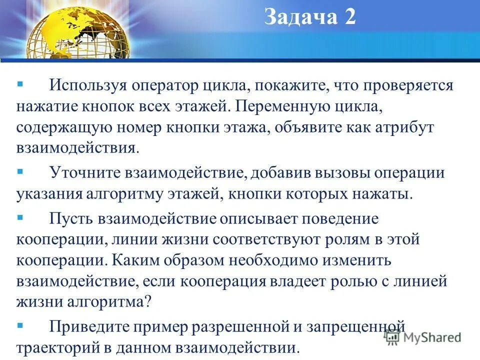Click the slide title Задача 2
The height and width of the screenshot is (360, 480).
point(309,18)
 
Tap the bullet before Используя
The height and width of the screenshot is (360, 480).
point(20,81)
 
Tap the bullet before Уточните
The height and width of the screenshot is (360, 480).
point(20,170)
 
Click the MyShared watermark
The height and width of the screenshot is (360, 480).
point(423,337)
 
